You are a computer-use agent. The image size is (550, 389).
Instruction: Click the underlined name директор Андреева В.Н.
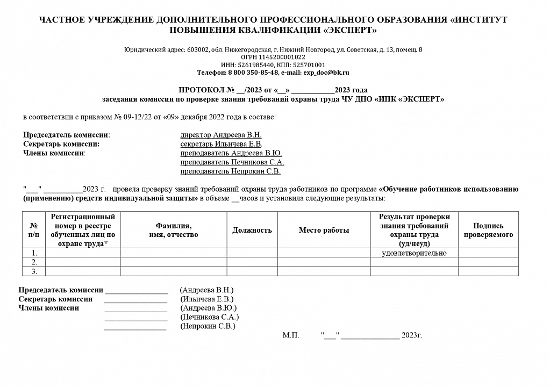coord(221,135)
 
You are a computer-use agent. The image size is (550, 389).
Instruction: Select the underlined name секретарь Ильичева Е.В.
coord(221,144)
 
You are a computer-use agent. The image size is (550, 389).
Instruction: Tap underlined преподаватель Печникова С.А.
coord(232,162)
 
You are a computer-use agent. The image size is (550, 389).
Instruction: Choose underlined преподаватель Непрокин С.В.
coord(231,172)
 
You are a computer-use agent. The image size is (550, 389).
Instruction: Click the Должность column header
coord(252,230)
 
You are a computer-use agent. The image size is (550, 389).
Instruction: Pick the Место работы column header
coord(324,230)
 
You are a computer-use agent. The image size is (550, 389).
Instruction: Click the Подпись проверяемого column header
coord(488,230)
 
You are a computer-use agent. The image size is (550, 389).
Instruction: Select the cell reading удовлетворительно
coord(414,253)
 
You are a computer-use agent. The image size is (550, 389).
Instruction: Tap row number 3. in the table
coord(34,271)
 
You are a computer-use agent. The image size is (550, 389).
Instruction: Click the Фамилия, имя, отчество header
coord(173,230)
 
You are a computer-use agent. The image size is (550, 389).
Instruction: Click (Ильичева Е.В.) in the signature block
coord(207,299)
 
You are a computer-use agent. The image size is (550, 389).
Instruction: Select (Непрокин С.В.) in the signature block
coord(208,326)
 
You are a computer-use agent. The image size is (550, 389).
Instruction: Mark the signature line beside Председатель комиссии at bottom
coord(137,291)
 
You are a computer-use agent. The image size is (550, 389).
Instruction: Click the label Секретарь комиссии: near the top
coord(62,144)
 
